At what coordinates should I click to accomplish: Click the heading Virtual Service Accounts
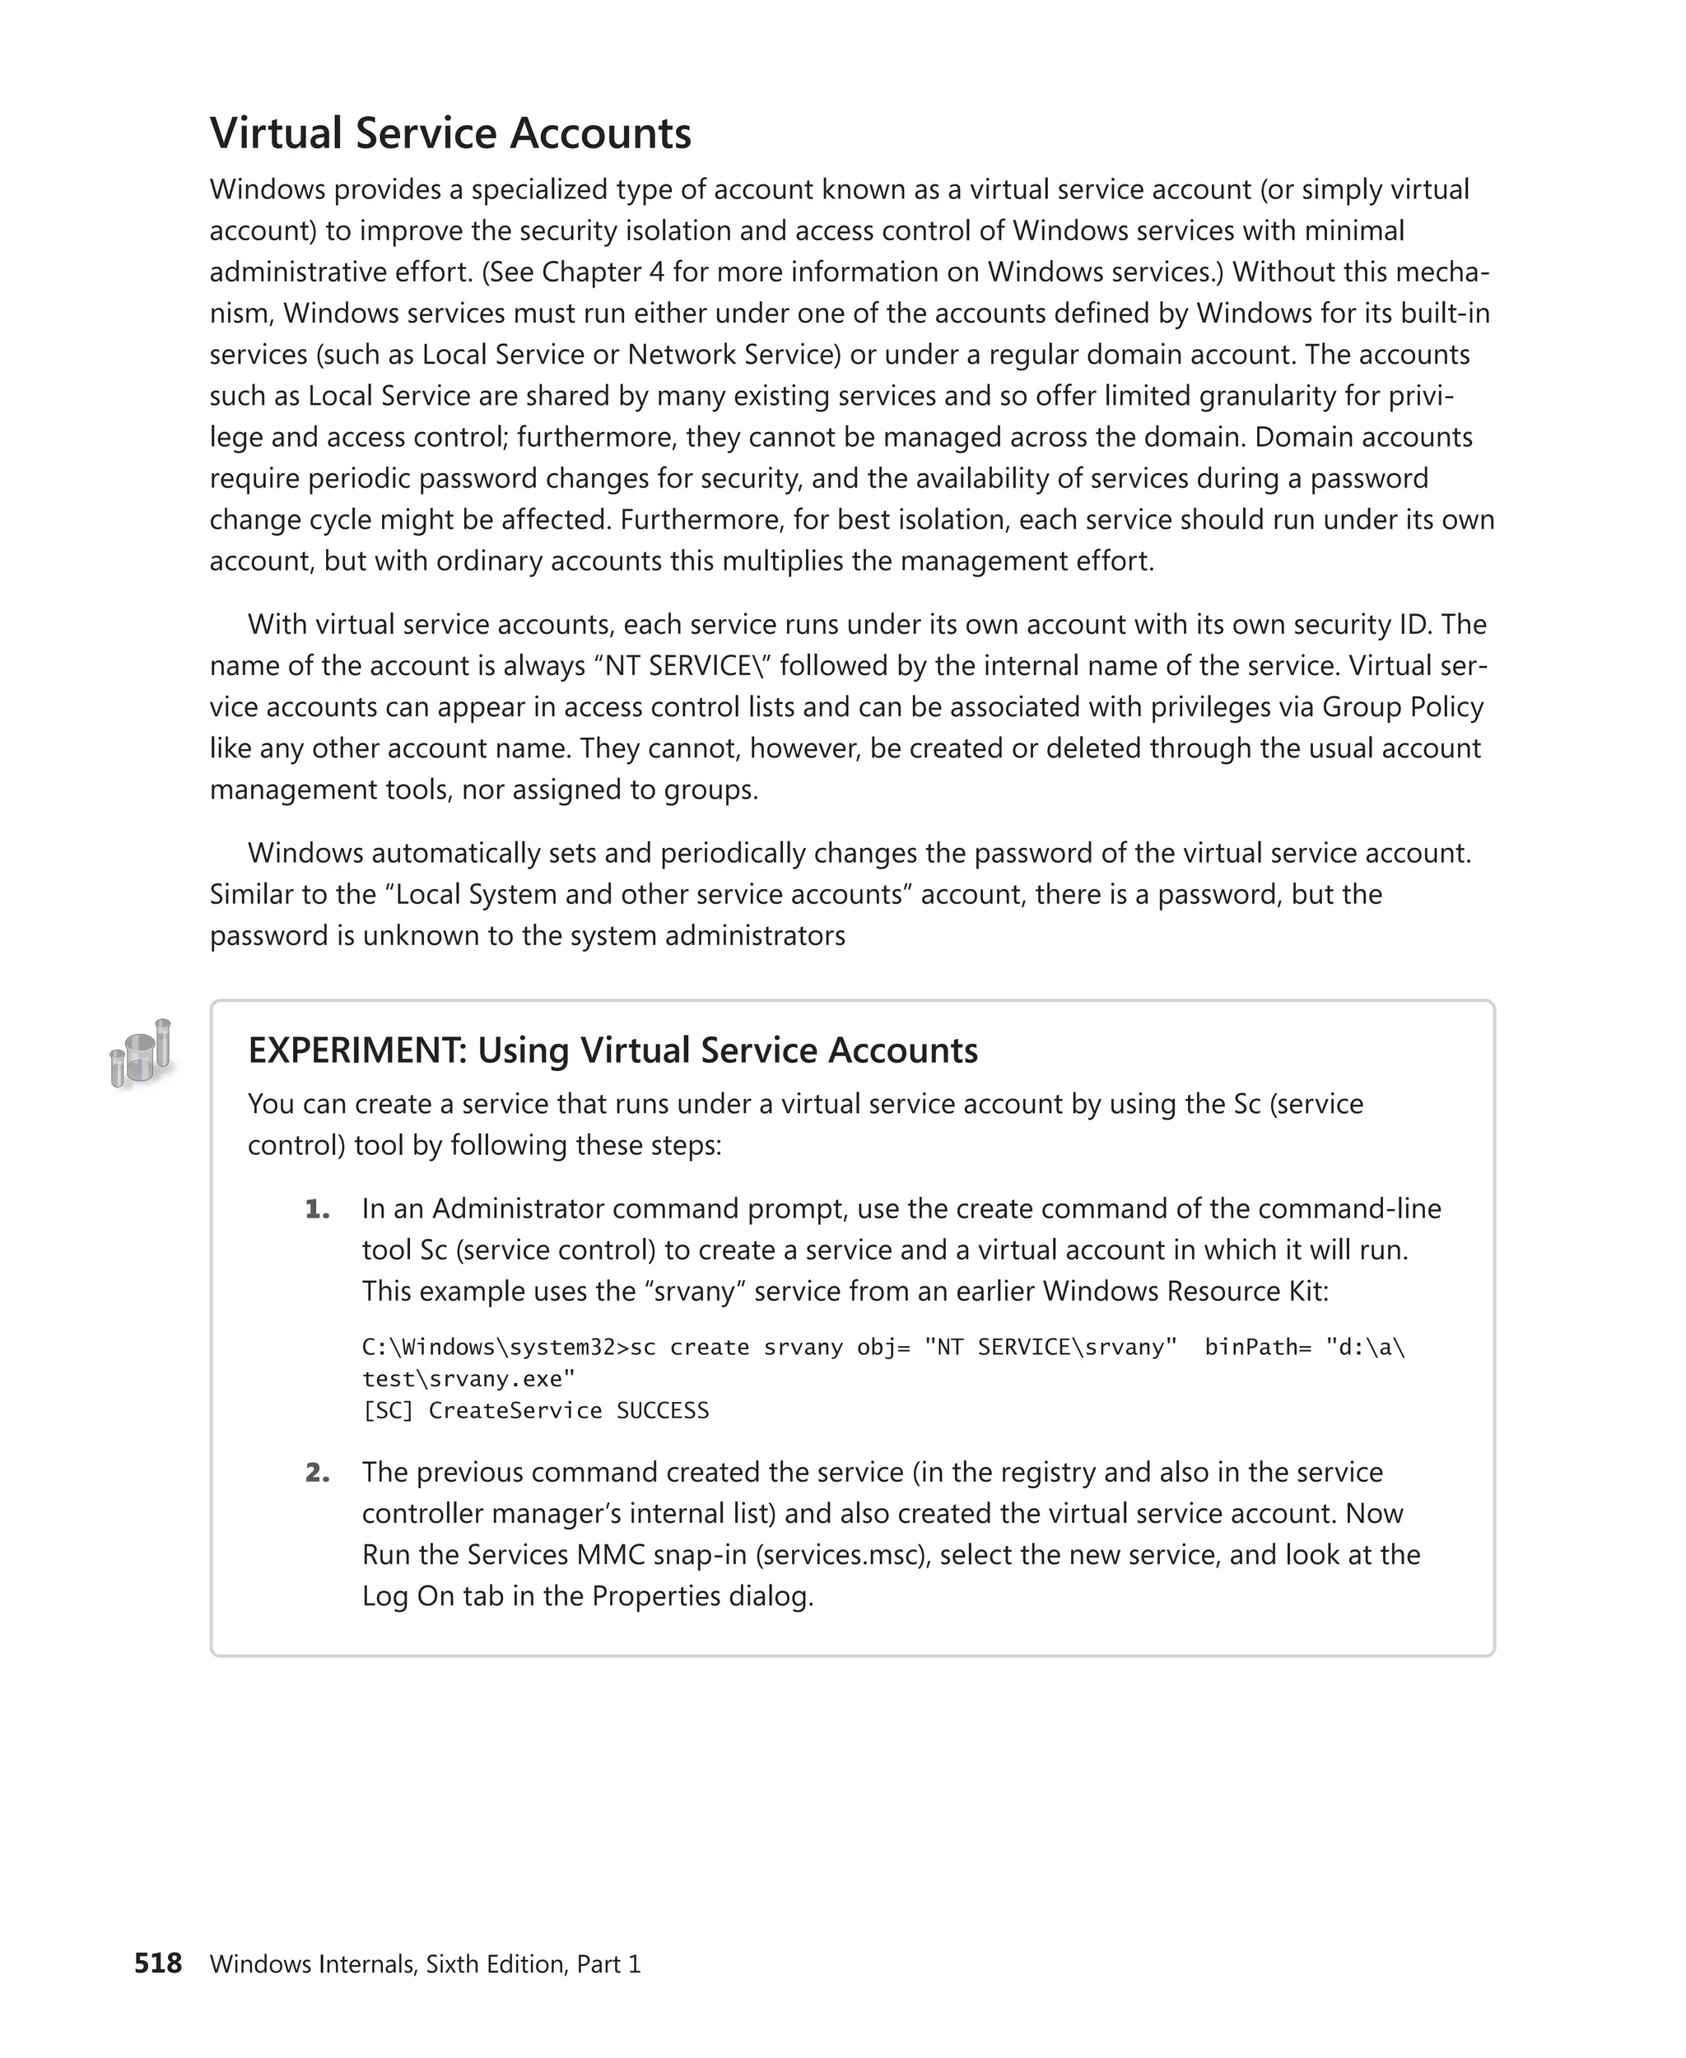[x=449, y=133]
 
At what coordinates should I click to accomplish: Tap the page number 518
[x=157, y=1963]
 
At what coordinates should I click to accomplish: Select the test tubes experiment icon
[x=142, y=1054]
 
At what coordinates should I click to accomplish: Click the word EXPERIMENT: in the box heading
[x=357, y=1051]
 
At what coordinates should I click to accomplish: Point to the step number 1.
[x=317, y=1209]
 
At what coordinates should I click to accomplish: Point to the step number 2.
[x=317, y=1473]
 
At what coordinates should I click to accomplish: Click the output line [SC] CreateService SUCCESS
[x=535, y=1410]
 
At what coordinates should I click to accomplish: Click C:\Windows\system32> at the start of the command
[x=494, y=1347]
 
